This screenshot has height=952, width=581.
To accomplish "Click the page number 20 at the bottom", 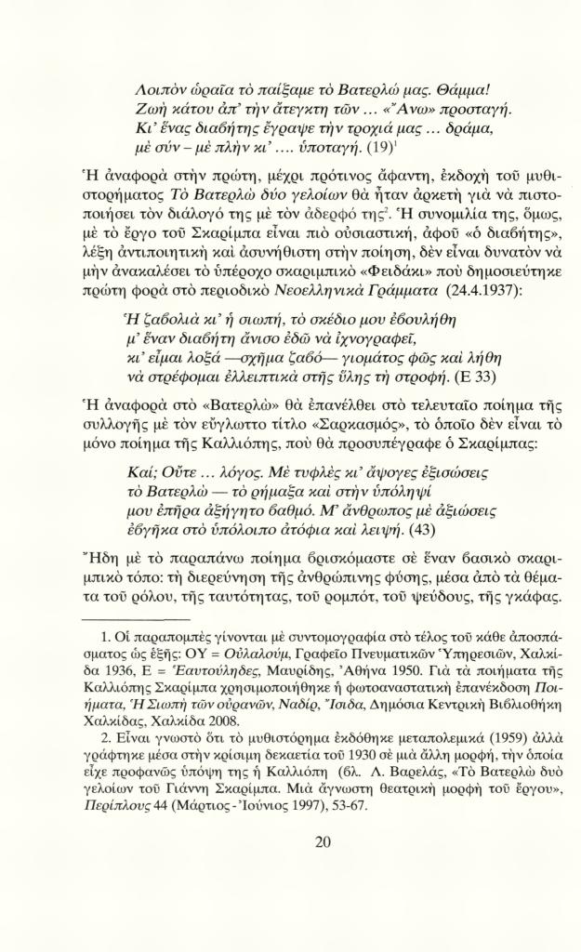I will tap(323, 842).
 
